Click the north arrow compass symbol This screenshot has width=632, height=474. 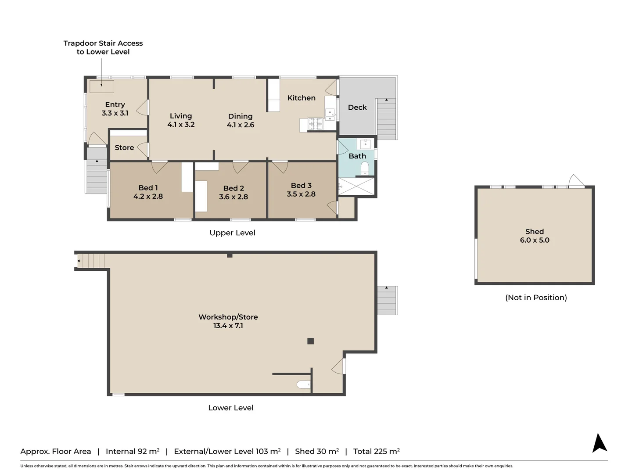click(x=600, y=443)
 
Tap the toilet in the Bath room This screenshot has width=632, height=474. click(x=364, y=168)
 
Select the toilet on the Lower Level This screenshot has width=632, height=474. click(x=303, y=385)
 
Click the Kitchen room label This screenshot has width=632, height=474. click(x=301, y=98)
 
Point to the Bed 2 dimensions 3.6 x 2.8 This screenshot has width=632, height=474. click(x=233, y=197)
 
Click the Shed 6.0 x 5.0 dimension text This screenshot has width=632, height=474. click(x=535, y=240)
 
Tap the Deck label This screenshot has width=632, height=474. click(x=357, y=108)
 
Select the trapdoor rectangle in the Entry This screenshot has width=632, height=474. click(x=102, y=86)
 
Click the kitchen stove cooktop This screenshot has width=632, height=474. click(x=315, y=124)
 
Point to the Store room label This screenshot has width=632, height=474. click(x=124, y=148)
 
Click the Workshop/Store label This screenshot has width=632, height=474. click(x=228, y=317)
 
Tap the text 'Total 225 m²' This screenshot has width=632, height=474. click(x=376, y=451)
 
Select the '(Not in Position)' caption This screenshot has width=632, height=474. click(x=536, y=298)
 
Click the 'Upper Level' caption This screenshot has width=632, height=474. click(x=232, y=233)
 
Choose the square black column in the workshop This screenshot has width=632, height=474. click(x=311, y=341)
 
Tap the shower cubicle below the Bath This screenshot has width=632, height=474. click(x=356, y=186)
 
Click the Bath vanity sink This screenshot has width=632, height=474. click(x=365, y=144)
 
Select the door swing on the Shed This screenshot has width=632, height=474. click(x=576, y=181)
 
